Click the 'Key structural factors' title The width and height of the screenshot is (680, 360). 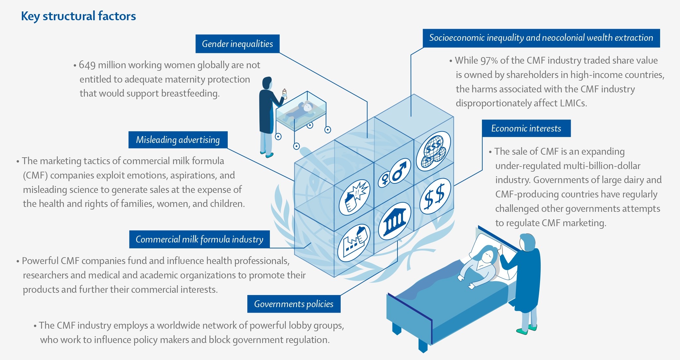point(78,16)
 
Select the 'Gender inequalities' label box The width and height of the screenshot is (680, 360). point(238,44)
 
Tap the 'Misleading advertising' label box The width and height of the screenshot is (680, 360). point(178,140)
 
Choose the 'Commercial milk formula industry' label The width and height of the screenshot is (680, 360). point(199,239)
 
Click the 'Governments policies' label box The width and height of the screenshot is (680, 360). point(294,304)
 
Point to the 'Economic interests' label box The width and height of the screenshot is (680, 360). point(526,128)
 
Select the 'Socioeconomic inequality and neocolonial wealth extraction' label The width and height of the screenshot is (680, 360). point(541,38)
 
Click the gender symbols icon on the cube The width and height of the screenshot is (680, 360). point(394,173)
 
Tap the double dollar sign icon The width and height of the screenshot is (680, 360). point(435,196)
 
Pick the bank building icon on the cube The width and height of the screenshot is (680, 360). point(394,221)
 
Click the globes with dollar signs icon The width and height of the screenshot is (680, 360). point(433,151)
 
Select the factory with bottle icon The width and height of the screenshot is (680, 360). point(354,243)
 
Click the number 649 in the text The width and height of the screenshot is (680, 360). point(87,65)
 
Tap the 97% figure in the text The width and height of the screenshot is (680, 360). point(489,60)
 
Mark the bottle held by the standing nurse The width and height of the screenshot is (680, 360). point(285,94)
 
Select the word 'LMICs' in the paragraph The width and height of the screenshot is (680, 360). point(573,103)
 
